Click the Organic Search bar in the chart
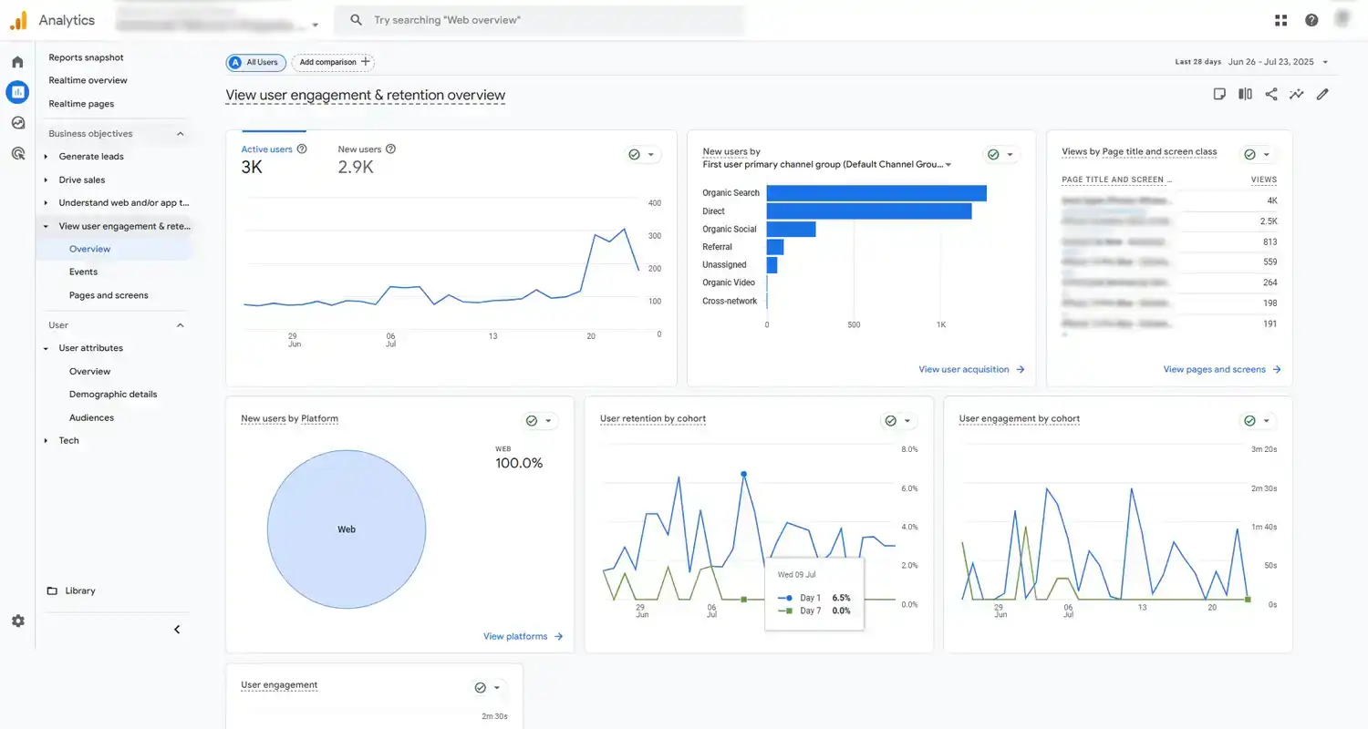[x=876, y=193]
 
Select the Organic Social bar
[x=791, y=229]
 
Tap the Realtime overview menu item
[x=88, y=80]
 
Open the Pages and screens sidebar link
[x=109, y=295]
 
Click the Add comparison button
[x=334, y=62]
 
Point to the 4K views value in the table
[x=1271, y=200]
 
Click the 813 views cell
[x=1270, y=242]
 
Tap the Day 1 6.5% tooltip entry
[x=814, y=598]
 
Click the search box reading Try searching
[x=538, y=20]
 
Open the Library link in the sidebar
[x=79, y=590]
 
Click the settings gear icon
[x=18, y=621]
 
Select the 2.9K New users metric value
[x=355, y=168]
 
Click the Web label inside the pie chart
[x=347, y=529]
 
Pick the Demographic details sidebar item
[x=113, y=395]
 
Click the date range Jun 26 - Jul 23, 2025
[x=1270, y=62]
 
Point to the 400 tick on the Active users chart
[x=654, y=203]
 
